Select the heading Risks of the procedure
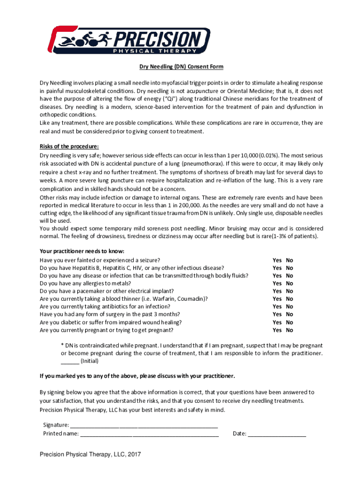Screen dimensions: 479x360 tap(69, 147)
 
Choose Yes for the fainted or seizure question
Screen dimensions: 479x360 tap(277, 260)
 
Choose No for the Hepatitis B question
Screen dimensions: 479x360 tap(289, 268)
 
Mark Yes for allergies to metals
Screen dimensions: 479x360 tap(277, 283)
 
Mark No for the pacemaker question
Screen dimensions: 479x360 tap(289, 291)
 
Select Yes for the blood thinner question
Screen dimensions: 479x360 tap(277, 299)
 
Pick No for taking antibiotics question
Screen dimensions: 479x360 tap(289, 307)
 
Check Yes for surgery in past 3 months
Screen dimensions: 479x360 tap(277, 314)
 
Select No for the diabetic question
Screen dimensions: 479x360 tap(289, 322)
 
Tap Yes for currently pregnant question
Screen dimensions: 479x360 tap(277, 330)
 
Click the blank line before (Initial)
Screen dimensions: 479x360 tap(70, 362)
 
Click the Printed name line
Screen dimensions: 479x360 tap(149, 434)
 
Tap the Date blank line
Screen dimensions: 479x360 tap(277, 434)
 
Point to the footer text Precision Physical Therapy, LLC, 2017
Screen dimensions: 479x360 tap(90, 455)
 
